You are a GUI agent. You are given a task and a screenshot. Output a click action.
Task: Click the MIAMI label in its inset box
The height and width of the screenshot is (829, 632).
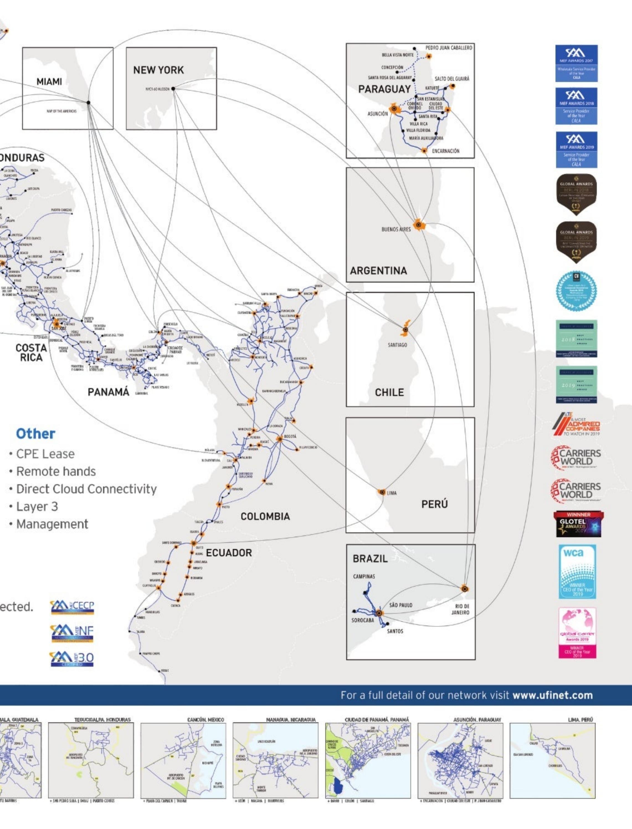(49, 82)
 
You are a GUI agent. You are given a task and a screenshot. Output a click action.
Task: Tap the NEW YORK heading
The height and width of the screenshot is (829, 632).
(158, 70)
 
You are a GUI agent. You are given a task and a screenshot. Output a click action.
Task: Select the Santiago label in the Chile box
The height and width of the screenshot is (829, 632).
(397, 344)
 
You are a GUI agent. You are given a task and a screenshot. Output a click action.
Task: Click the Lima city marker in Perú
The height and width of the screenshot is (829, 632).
(382, 492)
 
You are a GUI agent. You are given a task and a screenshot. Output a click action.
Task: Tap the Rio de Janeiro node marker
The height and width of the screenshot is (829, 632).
(465, 589)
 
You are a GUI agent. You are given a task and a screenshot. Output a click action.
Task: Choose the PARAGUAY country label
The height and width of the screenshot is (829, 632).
(384, 89)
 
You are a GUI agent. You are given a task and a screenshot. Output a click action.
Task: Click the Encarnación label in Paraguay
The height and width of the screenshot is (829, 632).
(446, 151)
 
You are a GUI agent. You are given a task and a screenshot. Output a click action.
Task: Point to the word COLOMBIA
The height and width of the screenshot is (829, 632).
(265, 516)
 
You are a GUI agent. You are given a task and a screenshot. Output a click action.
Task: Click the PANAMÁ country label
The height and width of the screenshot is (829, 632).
(108, 392)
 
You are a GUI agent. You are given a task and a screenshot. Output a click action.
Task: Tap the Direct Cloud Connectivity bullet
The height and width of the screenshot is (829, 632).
(86, 489)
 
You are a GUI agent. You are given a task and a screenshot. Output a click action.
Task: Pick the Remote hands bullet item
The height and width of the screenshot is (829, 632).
(56, 471)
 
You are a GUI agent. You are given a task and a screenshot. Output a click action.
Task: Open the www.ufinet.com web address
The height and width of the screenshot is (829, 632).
(553, 695)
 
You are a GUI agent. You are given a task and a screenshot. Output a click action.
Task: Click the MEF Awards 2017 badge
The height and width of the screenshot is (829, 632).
(576, 63)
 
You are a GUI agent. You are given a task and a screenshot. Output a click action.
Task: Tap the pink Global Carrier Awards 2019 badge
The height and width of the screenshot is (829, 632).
(577, 633)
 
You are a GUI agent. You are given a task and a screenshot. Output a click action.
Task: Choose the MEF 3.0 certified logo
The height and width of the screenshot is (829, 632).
(72, 659)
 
